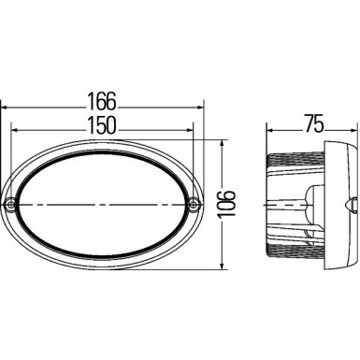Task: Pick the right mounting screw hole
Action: pyautogui.click(x=194, y=204)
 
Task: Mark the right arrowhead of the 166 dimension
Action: pyautogui.click(x=200, y=108)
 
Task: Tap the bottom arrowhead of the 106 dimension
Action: pyautogui.click(x=223, y=262)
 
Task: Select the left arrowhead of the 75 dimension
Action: pyautogui.click(x=271, y=131)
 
